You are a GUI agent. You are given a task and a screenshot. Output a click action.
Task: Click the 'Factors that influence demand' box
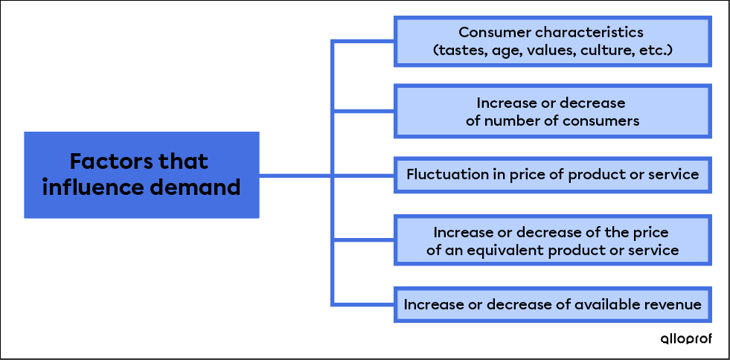[x=141, y=175]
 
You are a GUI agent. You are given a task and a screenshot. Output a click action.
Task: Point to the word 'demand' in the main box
[x=203, y=187]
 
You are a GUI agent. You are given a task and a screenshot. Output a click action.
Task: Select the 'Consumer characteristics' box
[x=552, y=42]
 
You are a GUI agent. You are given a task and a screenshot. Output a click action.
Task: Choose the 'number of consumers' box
[x=552, y=111]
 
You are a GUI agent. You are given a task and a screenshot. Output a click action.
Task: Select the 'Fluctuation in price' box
[x=552, y=176]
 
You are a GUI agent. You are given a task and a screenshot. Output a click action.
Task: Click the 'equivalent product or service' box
[x=552, y=240]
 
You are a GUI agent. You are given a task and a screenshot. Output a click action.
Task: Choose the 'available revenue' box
[x=552, y=304]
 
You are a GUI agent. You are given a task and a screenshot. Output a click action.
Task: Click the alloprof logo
[x=686, y=338]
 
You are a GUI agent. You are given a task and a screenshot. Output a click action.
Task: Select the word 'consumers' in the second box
[x=603, y=120]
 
